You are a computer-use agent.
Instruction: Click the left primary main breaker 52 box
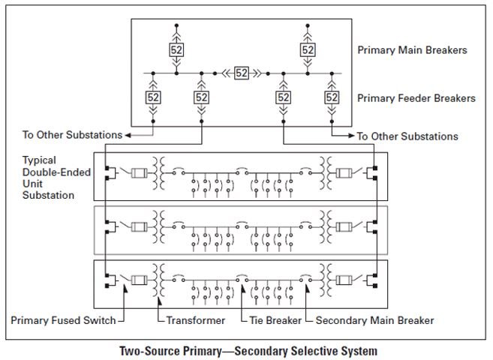[176, 50]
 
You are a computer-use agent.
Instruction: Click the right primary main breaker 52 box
[308, 50]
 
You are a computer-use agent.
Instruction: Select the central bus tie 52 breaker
[242, 73]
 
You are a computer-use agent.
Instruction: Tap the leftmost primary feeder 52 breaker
[152, 97]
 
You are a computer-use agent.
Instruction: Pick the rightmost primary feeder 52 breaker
[332, 97]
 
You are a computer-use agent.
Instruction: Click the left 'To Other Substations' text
[71, 136]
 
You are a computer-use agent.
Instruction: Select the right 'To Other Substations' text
[407, 136]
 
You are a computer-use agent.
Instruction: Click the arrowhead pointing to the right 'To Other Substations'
[350, 136]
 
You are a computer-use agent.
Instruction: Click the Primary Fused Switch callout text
[63, 320]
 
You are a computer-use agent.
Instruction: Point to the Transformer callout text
[195, 320]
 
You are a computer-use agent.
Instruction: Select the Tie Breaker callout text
[275, 320]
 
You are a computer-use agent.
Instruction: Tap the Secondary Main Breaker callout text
[374, 320]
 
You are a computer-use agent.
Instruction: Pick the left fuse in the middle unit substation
[140, 225]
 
